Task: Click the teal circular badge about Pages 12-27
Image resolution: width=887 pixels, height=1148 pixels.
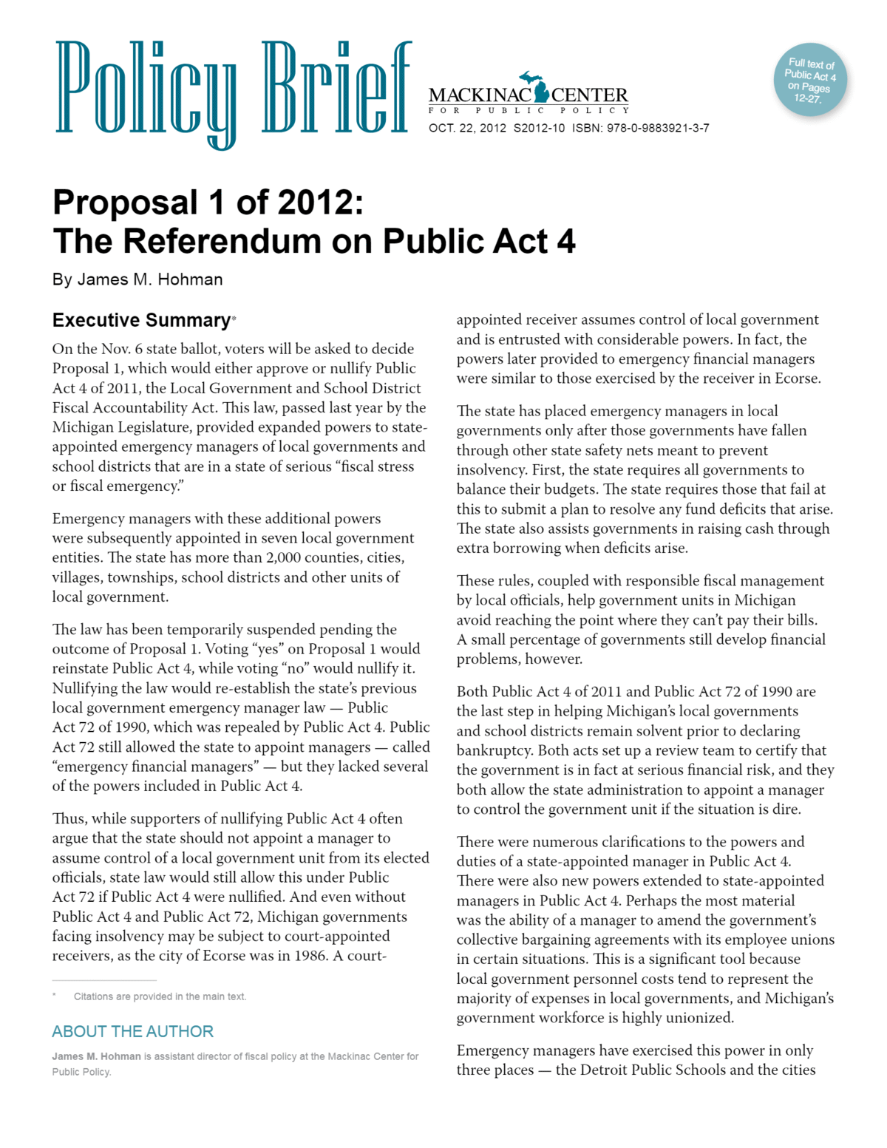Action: [810, 80]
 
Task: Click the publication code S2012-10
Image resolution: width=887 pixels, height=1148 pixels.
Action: [539, 128]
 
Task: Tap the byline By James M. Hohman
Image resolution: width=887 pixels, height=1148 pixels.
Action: [137, 279]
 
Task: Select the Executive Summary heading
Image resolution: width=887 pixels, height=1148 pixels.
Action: [141, 320]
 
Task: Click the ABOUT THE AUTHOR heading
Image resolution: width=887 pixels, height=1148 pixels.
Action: [132, 1031]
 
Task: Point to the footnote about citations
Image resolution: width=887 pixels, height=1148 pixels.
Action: [160, 996]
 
